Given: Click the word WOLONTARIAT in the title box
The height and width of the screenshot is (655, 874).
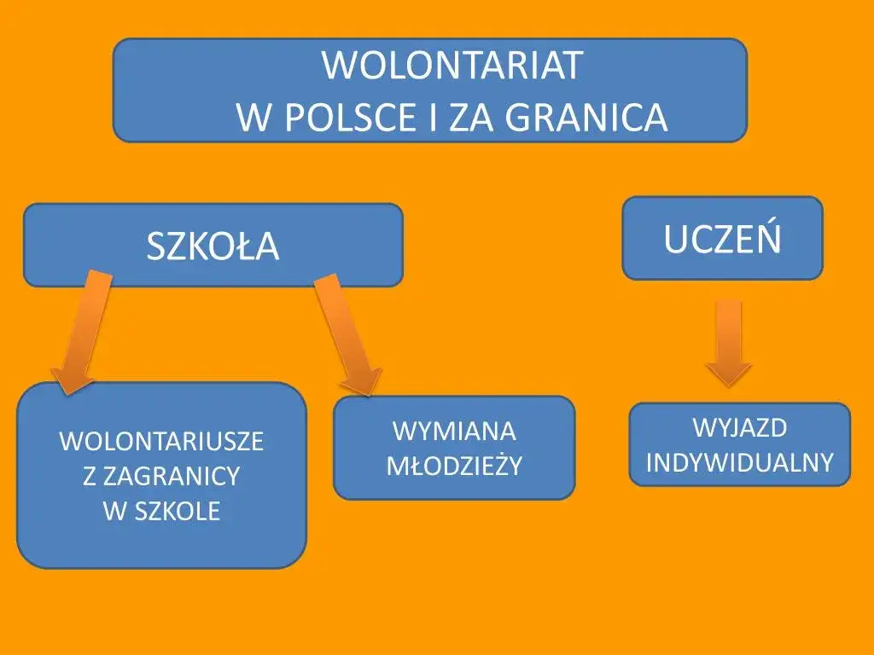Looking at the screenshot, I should tap(452, 67).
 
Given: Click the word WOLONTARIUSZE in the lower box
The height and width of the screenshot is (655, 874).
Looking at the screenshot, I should tap(161, 442).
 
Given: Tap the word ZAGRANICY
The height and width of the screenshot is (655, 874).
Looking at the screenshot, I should tap(171, 477).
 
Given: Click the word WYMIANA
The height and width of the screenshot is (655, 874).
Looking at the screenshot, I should tap(454, 431).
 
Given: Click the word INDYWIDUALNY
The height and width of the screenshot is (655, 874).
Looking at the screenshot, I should tap(739, 462).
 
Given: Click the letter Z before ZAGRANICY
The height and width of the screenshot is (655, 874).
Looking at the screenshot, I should tap(89, 477).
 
